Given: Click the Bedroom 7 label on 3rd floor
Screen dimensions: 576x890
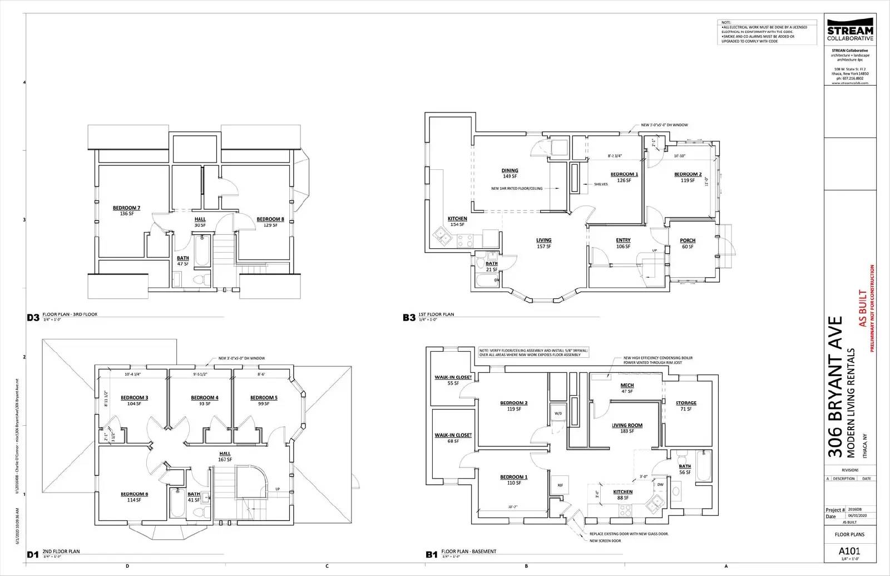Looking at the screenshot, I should tap(126, 210).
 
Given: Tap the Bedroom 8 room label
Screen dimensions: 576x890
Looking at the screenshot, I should tap(270, 221).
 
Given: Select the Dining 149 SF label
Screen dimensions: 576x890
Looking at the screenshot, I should tap(510, 173).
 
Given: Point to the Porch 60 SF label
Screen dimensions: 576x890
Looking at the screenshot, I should tap(688, 243).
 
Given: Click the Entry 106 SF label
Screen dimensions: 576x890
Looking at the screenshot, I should tap(623, 243).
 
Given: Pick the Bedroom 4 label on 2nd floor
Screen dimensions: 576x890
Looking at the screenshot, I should tap(204, 400).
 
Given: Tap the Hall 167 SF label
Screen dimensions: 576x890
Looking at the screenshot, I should tap(225, 456).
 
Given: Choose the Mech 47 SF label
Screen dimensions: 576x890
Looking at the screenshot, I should tap(627, 388).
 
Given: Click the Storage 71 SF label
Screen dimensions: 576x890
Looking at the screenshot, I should tap(686, 406).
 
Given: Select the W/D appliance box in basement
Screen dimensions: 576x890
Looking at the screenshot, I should tap(557, 413).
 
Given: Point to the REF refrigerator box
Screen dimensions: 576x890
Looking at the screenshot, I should tap(560, 485).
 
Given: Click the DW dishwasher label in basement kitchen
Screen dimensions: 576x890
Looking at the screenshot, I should tap(660, 484).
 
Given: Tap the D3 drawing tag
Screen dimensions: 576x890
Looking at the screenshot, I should tap(33, 318).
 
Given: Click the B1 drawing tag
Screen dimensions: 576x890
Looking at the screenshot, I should tap(432, 554).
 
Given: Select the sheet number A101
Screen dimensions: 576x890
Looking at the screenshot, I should tap(849, 551).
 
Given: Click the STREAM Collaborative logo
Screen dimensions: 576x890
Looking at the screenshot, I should tap(850, 33).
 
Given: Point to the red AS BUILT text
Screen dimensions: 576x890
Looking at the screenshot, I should tap(862, 307).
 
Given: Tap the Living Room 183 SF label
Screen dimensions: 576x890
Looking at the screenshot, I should tap(627, 428).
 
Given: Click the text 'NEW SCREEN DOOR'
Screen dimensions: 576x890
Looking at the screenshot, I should tap(605, 540).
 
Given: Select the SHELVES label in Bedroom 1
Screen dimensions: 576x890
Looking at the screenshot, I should tap(601, 184).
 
